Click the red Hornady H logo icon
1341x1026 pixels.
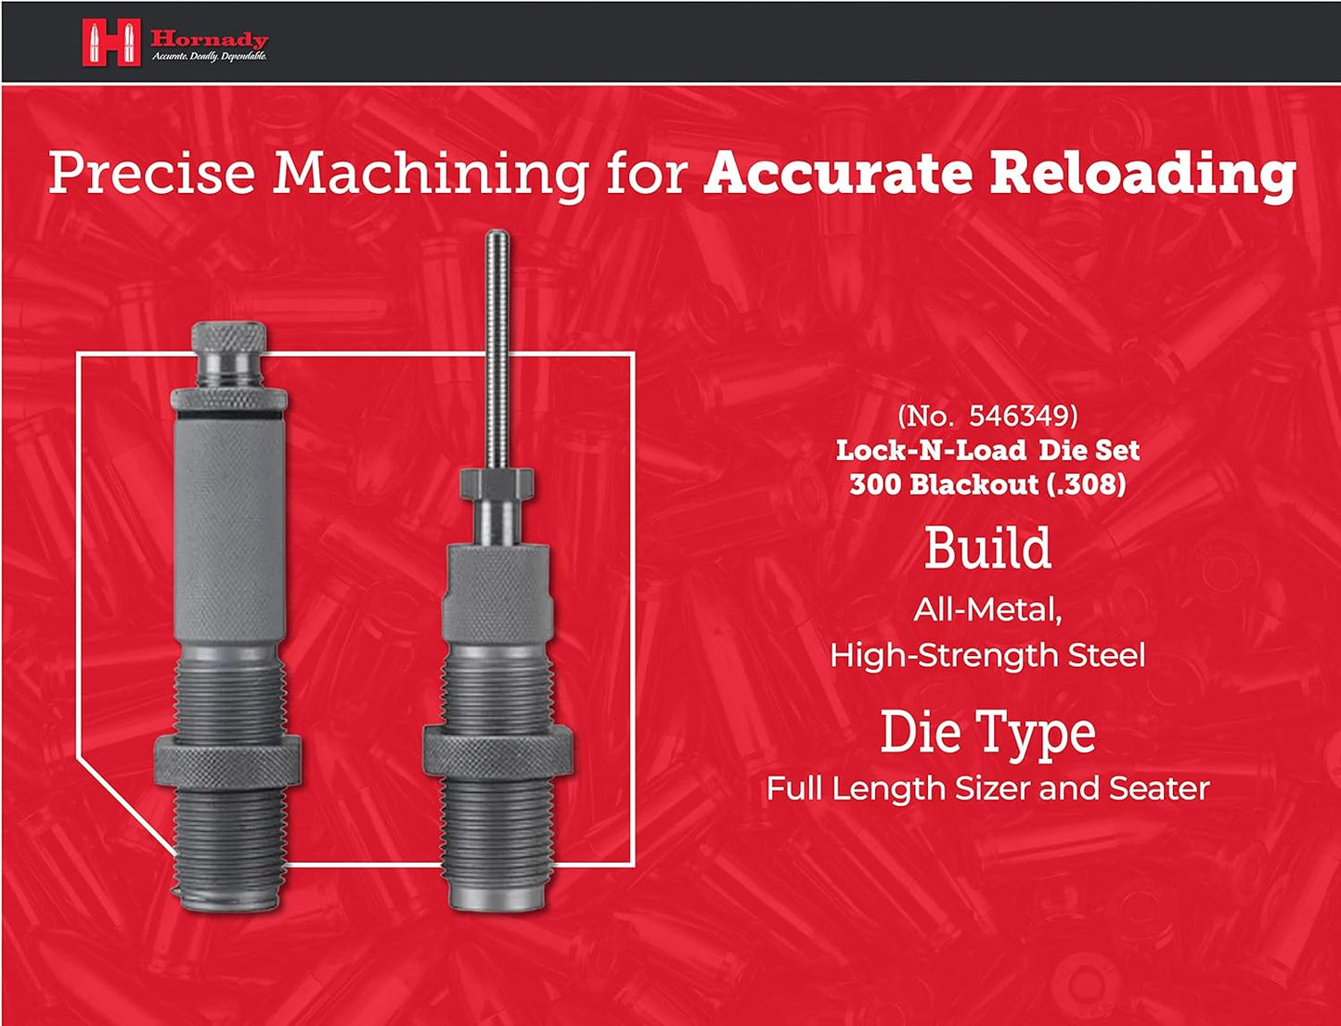tap(110, 43)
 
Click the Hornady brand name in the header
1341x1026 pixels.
tap(209, 39)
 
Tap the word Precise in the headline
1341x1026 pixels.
tap(151, 173)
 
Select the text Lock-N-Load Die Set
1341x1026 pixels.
tap(987, 450)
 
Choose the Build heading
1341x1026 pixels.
tap(987, 548)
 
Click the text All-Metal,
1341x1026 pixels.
tap(987, 609)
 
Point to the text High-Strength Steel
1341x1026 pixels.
tap(987, 656)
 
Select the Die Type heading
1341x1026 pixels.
tap(987, 732)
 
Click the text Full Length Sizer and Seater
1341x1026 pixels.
tap(987, 789)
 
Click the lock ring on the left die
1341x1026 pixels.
tap(226, 764)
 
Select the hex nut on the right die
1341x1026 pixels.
tap(496, 483)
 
